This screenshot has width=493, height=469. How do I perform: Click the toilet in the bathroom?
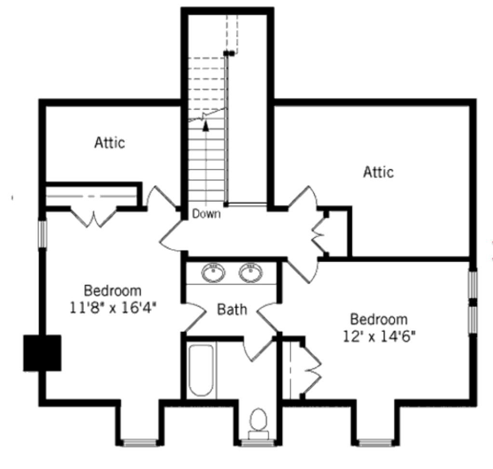258,423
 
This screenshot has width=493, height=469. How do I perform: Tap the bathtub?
201,370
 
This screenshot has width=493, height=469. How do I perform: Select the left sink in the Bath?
213,272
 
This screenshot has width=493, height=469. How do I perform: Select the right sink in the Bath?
251,272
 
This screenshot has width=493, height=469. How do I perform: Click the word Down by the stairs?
206,214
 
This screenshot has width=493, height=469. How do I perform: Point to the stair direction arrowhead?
206,126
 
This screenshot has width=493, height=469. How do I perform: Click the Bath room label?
232,309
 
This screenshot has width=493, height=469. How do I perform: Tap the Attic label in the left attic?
110,143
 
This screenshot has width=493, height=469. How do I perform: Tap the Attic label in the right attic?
378,172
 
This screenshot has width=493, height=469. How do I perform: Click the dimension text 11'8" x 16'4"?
113,308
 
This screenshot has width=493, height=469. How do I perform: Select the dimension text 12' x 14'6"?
379,336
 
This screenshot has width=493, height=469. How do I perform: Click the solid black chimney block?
42,353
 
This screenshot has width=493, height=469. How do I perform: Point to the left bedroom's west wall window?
42,234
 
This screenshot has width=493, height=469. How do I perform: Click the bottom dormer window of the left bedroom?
140,442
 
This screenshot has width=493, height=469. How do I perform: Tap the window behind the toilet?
258,442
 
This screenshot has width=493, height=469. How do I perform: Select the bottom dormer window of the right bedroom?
375,442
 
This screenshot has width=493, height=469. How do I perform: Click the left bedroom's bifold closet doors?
93,217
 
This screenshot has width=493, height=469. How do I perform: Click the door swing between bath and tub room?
258,349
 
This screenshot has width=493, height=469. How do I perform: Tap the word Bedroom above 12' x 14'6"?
379,320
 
